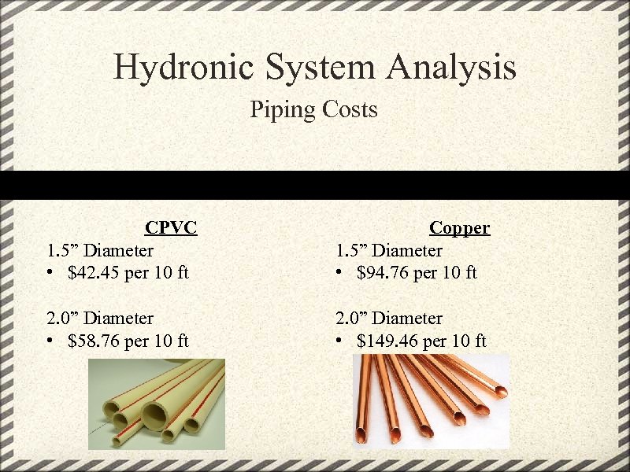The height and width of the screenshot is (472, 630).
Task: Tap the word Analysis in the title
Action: pos(451,67)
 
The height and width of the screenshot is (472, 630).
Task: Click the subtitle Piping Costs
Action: pos(313,109)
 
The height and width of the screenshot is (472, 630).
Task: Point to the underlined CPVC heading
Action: pos(171,228)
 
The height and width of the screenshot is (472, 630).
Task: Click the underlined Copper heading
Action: pos(459,228)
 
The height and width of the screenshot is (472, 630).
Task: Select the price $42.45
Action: pos(94,273)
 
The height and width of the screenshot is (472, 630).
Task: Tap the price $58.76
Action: pos(94,341)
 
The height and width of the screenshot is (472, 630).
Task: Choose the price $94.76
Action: pos(382,273)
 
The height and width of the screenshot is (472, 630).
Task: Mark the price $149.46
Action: pos(387,341)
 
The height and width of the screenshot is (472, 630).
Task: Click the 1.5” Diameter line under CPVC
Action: pos(100,251)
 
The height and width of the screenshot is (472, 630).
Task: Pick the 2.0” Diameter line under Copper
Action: pos(389,319)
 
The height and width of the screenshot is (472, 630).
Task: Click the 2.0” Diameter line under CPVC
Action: pos(100,319)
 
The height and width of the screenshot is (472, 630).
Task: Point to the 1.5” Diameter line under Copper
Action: pos(389,251)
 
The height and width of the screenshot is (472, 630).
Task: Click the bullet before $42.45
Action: pos(50,273)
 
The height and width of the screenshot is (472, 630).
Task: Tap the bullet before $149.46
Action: pos(339,341)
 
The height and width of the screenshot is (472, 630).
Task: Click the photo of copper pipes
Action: pos(431,401)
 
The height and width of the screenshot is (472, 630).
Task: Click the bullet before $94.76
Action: pos(339,273)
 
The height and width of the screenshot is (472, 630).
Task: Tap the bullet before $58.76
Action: pos(50,341)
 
